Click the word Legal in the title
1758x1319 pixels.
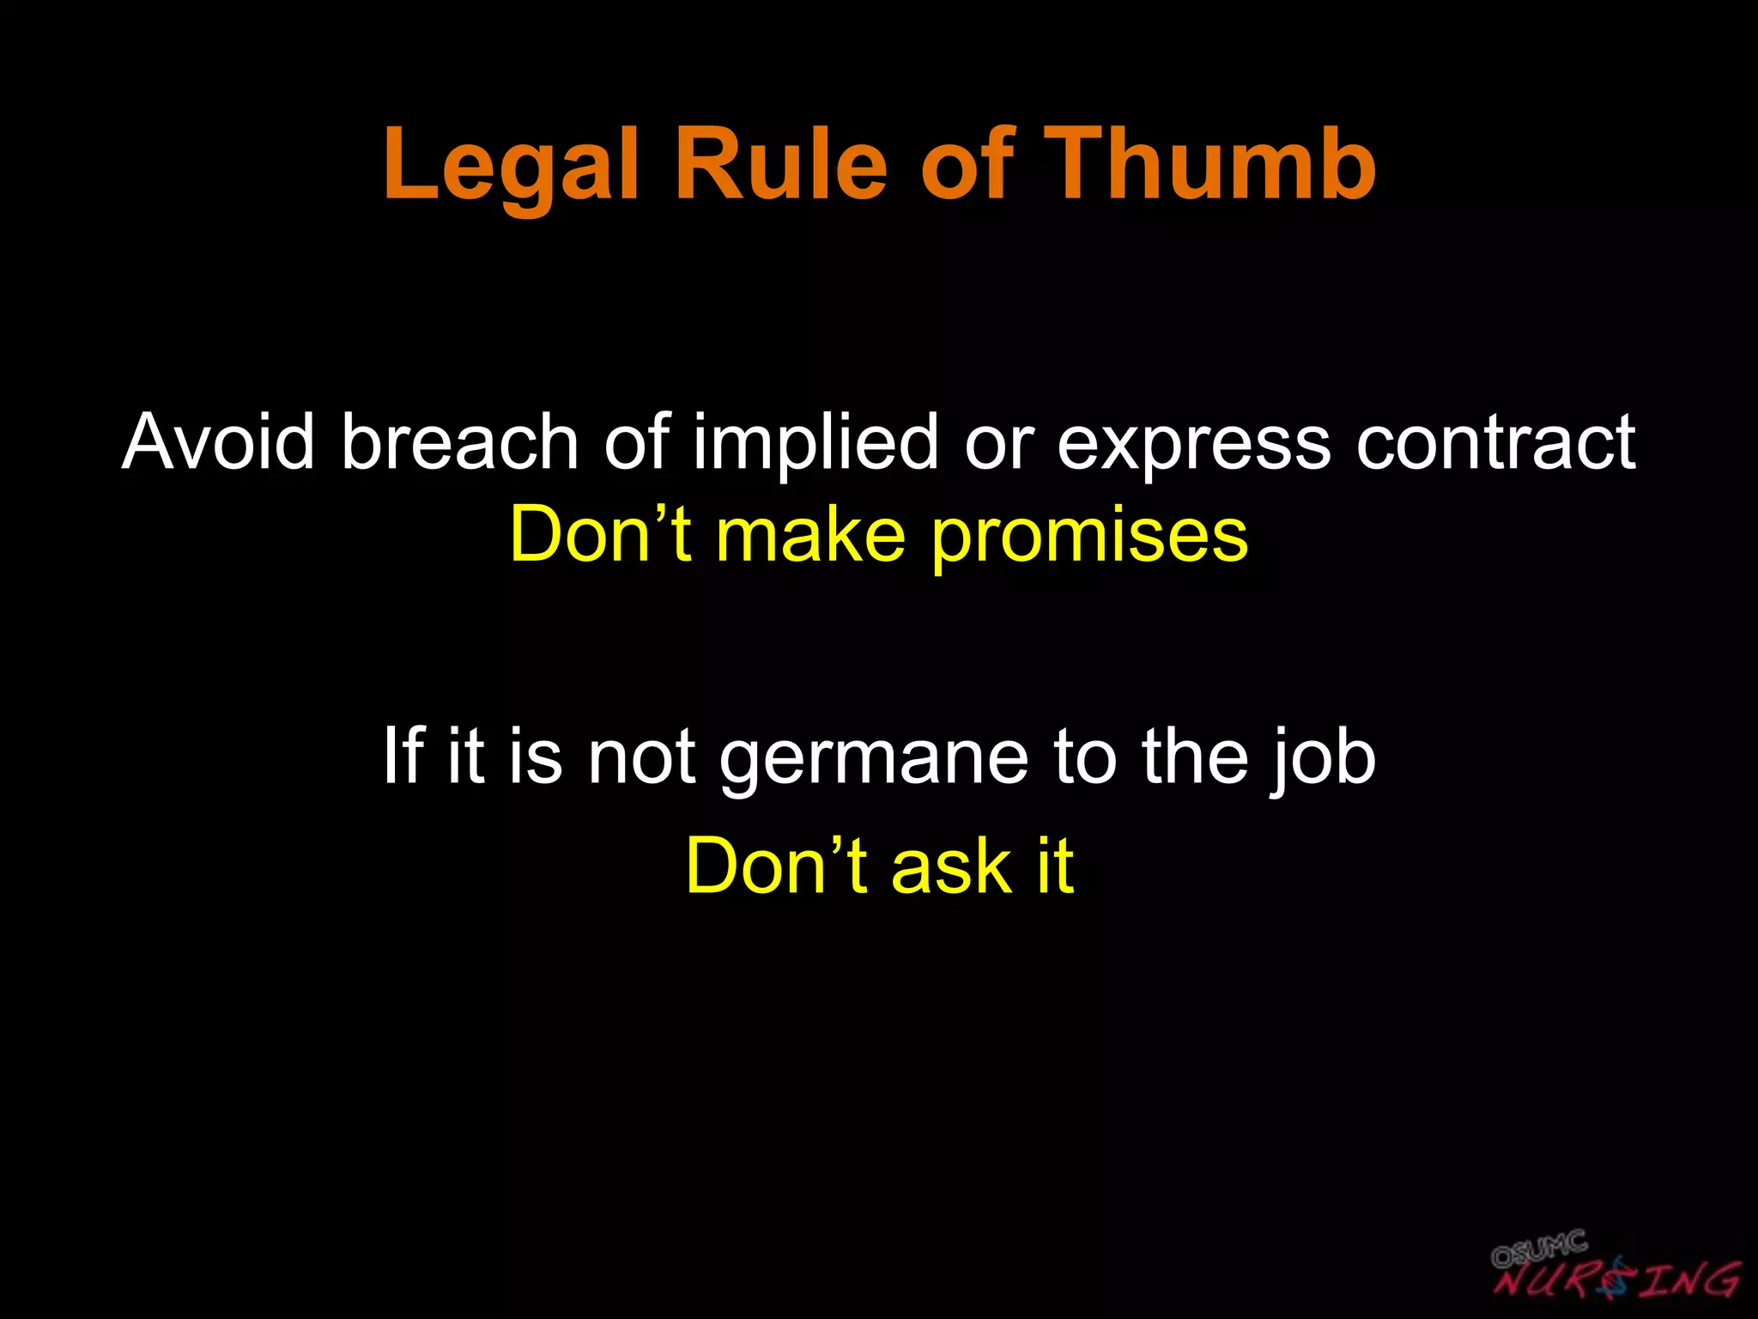[512, 165]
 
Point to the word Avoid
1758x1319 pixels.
[219, 443]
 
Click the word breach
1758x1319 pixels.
[460, 443]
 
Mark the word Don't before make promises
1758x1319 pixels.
[600, 534]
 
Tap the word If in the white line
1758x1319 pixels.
[403, 756]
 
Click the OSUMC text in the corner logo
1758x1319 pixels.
[1539, 1250]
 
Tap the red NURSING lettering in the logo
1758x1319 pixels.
[1618, 1282]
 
